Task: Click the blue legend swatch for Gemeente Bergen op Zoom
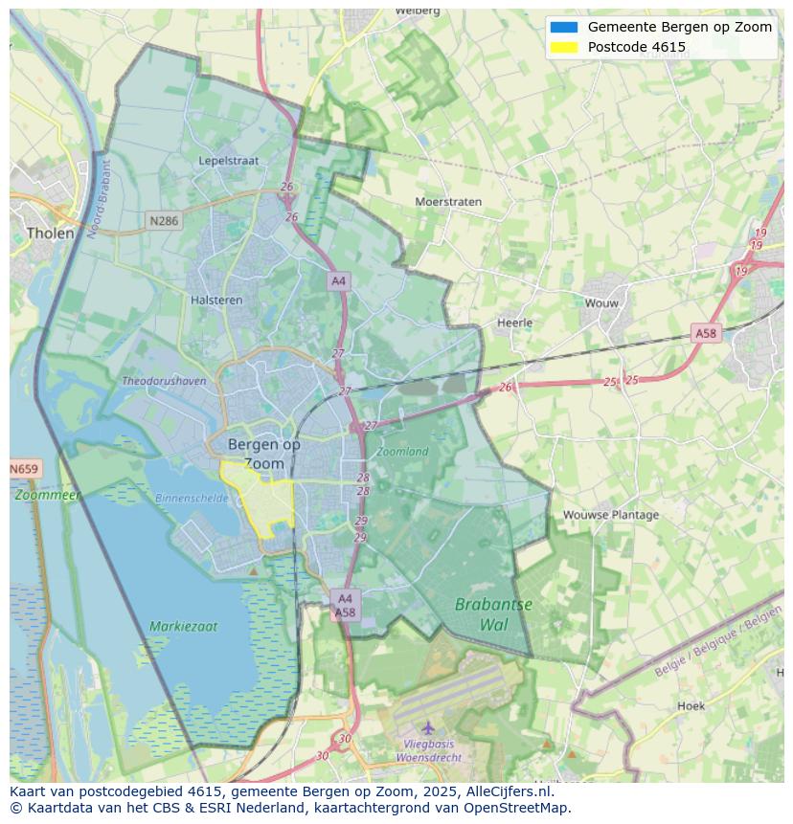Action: (563, 27)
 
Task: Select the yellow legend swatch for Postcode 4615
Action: (563, 47)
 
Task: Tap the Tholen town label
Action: (50, 233)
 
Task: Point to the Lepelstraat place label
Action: (229, 161)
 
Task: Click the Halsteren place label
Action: (216, 300)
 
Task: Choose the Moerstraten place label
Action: (448, 202)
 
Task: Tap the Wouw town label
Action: (601, 302)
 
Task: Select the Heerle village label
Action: (514, 323)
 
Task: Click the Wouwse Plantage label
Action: (610, 514)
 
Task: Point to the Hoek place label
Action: (691, 706)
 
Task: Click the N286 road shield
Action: (164, 221)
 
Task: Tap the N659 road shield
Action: (25, 469)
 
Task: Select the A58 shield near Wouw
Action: (705, 333)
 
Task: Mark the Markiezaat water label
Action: (183, 627)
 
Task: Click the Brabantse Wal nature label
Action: (493, 614)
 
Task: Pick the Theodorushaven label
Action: (164, 381)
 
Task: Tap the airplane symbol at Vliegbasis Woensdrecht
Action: (428, 728)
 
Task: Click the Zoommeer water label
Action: (47, 495)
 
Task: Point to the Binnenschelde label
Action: (192, 499)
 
